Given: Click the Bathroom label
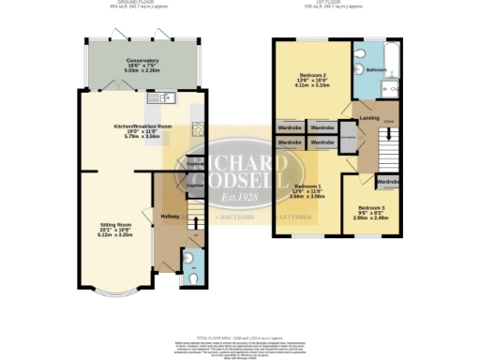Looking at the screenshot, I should [x=377, y=70].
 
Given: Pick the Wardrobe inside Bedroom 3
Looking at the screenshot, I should [x=387, y=181].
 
